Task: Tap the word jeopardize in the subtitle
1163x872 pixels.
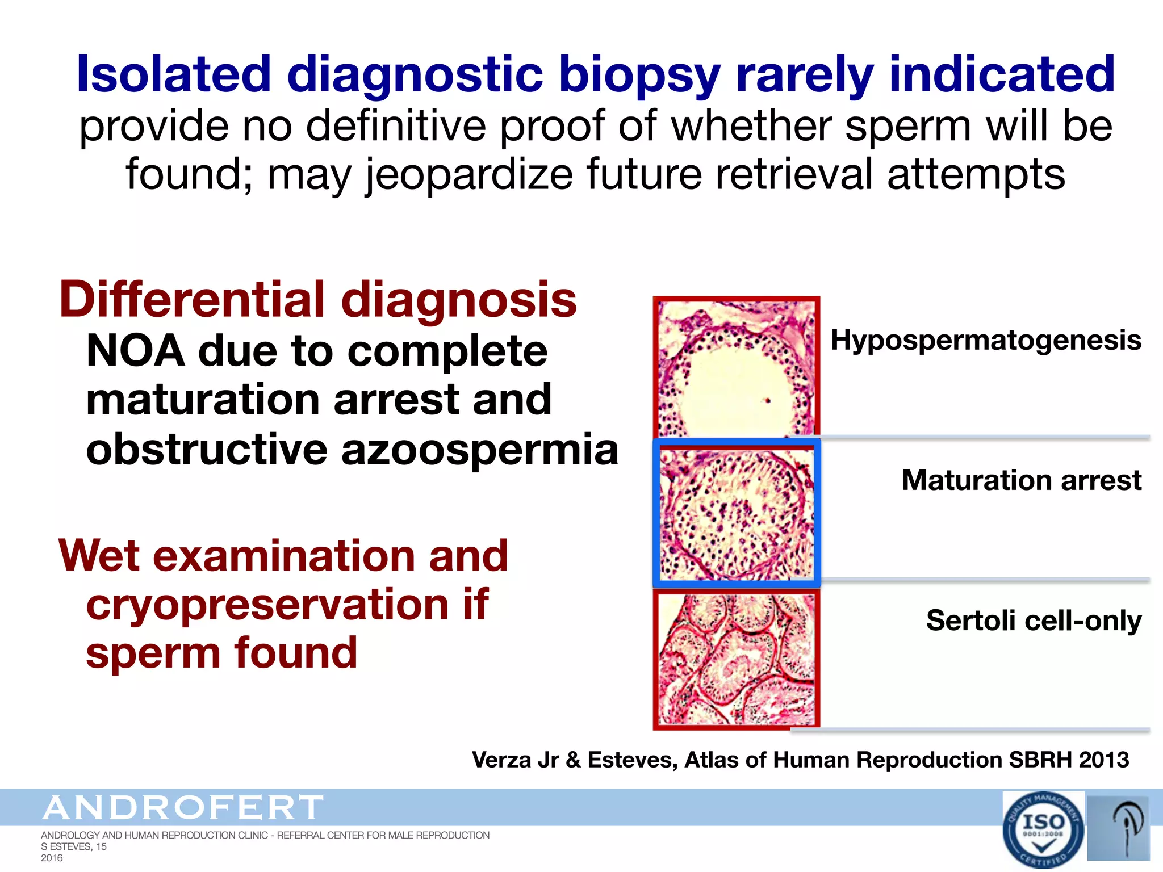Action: [x=468, y=174]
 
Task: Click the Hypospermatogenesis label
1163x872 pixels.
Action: [x=986, y=341]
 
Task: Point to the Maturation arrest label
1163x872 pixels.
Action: [x=1021, y=480]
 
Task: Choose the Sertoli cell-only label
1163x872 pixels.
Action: [x=1034, y=620]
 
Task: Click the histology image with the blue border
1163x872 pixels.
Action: [x=737, y=513]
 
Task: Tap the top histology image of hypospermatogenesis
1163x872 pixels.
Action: [x=737, y=368]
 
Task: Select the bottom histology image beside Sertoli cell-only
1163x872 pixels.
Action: [x=737, y=659]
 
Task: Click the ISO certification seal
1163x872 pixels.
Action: [x=1043, y=829]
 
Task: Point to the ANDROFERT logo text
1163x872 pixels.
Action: [x=183, y=808]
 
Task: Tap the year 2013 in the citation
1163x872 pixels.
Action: [x=1104, y=760]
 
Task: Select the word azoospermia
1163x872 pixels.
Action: [x=479, y=449]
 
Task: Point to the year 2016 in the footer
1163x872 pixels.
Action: [x=52, y=858]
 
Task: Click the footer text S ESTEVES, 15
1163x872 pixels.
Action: [x=74, y=846]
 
